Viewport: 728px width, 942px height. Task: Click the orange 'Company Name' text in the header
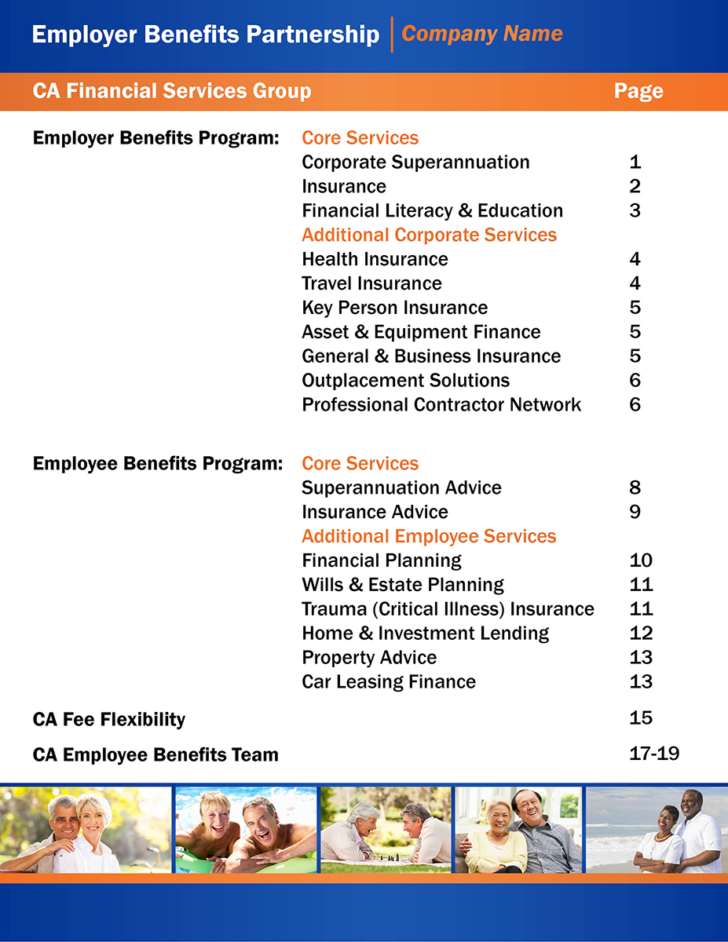[481, 35]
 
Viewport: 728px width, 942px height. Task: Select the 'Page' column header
[638, 92]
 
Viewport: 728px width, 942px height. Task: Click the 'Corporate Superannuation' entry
[415, 162]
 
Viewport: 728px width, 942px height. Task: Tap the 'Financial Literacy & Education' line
[432, 211]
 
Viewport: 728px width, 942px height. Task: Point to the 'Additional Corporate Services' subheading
[429, 235]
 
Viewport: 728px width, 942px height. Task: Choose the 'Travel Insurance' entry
[371, 283]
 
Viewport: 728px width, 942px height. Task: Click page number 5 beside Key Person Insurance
[635, 308]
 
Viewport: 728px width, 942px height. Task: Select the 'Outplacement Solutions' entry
[405, 381]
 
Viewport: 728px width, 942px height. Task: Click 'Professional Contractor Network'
[441, 405]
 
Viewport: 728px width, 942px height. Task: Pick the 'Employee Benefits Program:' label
[157, 464]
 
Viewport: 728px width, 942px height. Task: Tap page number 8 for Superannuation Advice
[635, 487]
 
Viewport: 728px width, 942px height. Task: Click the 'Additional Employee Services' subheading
[429, 537]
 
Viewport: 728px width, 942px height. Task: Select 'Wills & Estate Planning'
[403, 585]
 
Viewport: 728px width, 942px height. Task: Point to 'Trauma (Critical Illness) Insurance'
[448, 609]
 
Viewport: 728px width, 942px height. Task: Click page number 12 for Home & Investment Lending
[641, 633]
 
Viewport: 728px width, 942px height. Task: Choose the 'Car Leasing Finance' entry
[389, 682]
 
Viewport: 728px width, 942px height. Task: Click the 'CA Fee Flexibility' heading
[109, 720]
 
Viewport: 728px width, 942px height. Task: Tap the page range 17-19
[654, 754]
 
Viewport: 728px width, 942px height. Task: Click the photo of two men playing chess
[386, 829]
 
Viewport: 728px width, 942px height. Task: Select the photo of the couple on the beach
[656, 829]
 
